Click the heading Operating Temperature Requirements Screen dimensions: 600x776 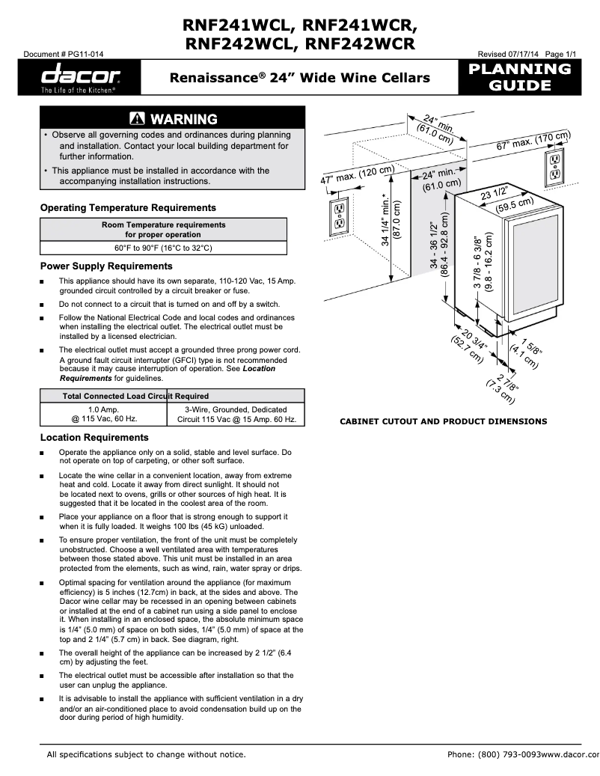128,208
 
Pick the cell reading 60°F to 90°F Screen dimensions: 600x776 163,247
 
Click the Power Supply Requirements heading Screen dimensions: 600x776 106,266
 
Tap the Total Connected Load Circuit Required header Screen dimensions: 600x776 135,396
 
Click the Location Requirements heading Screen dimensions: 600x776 94,438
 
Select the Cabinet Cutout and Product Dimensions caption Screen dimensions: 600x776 444,421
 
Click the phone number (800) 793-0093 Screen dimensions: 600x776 493,754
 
